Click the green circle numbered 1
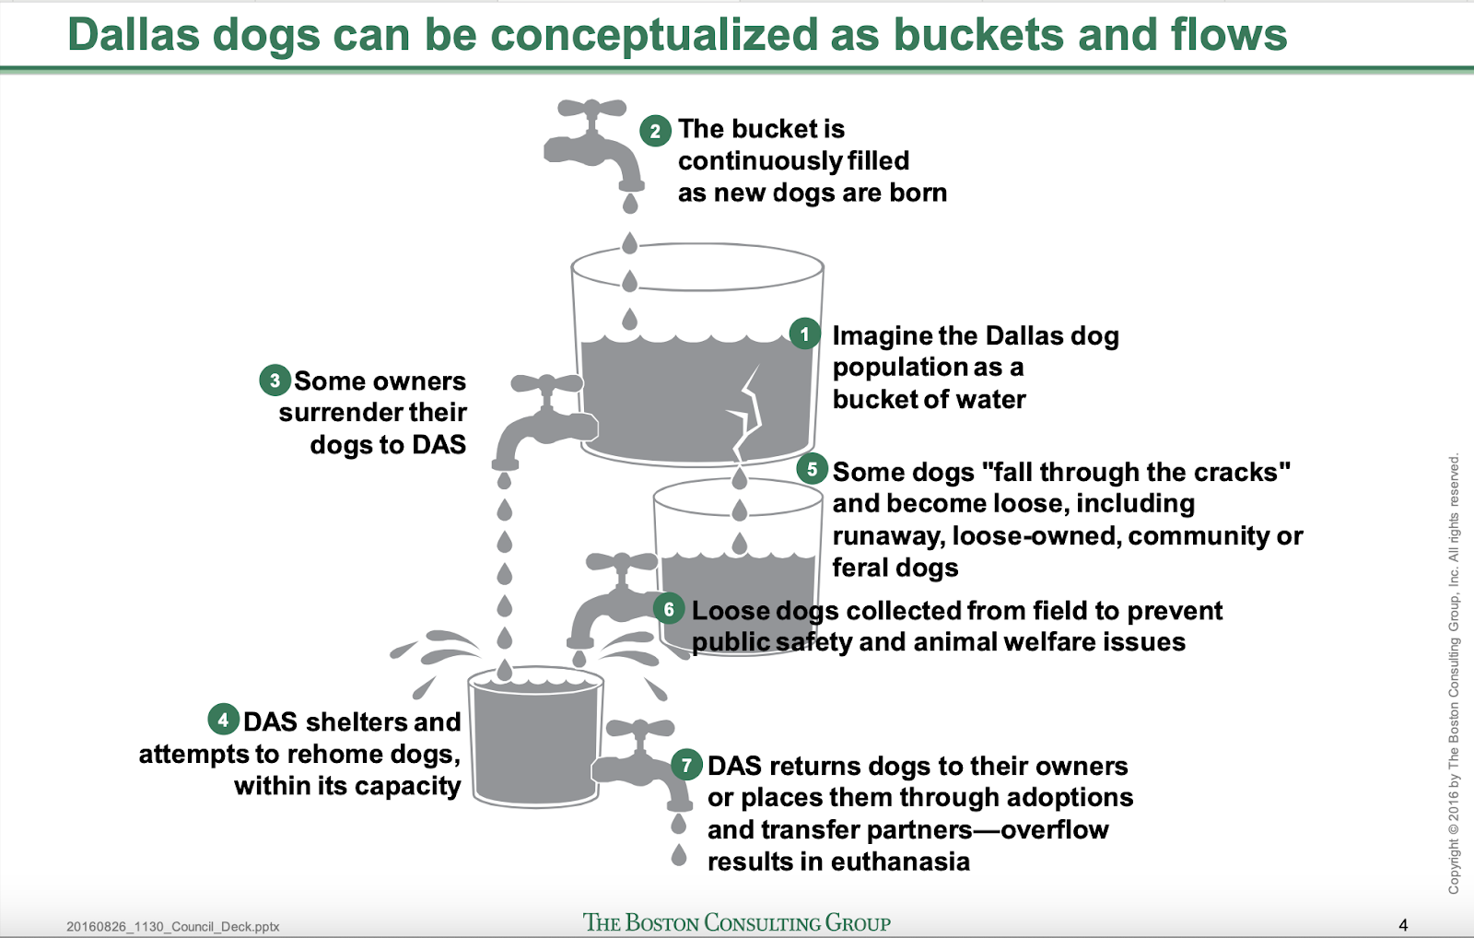[805, 334]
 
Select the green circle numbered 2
[655, 130]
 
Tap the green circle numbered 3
[275, 380]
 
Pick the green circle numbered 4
[223, 720]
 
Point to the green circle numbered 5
[812, 469]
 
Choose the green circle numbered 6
[669, 609]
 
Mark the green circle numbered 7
[686, 765]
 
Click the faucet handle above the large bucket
[591, 109]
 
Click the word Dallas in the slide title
[134, 34]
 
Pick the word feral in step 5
[860, 568]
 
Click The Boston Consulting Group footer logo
[736, 922]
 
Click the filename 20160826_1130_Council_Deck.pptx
[173, 927]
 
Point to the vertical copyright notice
[1453, 673]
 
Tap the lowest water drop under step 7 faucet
[679, 855]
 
